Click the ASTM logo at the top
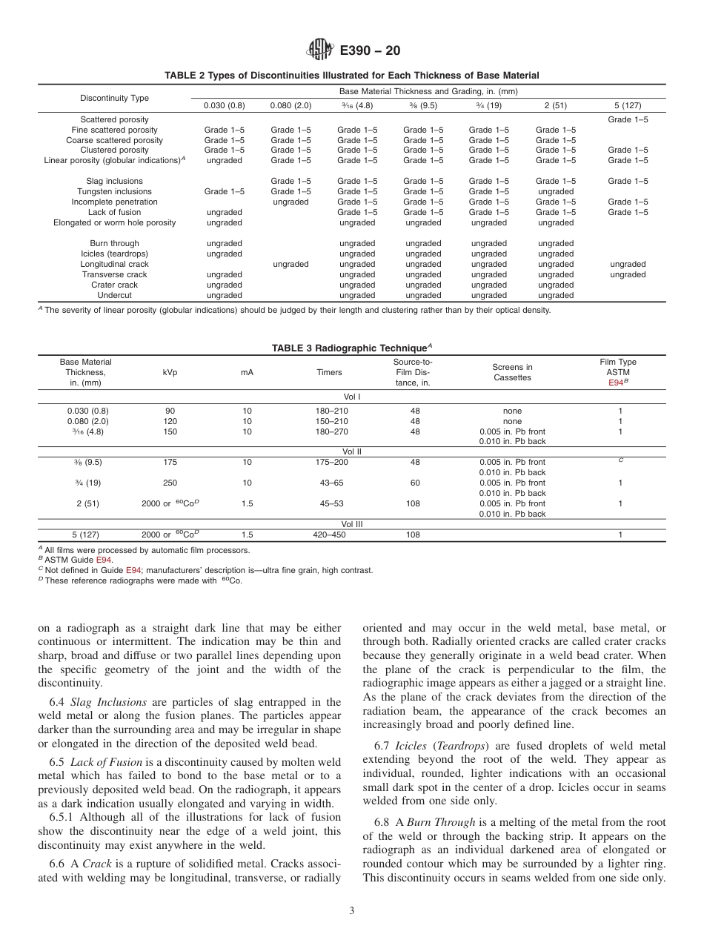pyautogui.click(x=320, y=50)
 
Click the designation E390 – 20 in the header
pyautogui.click(x=370, y=51)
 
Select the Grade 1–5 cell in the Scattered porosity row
pyautogui.click(x=628, y=119)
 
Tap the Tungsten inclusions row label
pyautogui.click(x=114, y=191)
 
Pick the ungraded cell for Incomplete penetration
pyautogui.click(x=290, y=202)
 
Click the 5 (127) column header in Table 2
pyautogui.click(x=628, y=105)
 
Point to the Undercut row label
pyautogui.click(x=114, y=295)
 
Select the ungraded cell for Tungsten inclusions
pyautogui.click(x=555, y=191)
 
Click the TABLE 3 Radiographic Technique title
pyautogui.click(x=351, y=348)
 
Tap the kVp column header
pyautogui.click(x=170, y=372)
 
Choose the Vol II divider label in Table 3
pyautogui.click(x=351, y=451)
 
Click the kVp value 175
pyautogui.click(x=170, y=462)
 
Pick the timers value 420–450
pyautogui.click(x=329, y=535)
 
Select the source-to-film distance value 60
pyautogui.click(x=414, y=483)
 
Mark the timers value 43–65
pyautogui.click(x=329, y=483)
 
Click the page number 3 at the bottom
pyautogui.click(x=351, y=911)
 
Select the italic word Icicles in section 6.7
pyautogui.click(x=411, y=746)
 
